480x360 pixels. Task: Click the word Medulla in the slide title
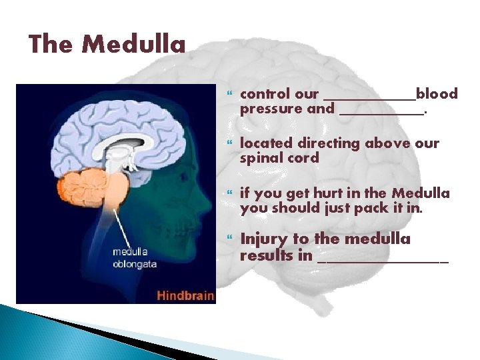click(134, 44)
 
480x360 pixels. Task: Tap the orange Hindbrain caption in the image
click(185, 295)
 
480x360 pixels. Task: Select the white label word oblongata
click(134, 264)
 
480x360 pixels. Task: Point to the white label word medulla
click(131, 252)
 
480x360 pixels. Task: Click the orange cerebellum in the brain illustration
click(81, 187)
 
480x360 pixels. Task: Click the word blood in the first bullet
click(437, 94)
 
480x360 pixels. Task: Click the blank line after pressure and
click(381, 113)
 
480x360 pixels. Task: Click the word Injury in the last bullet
click(265, 239)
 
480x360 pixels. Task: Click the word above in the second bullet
click(386, 143)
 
